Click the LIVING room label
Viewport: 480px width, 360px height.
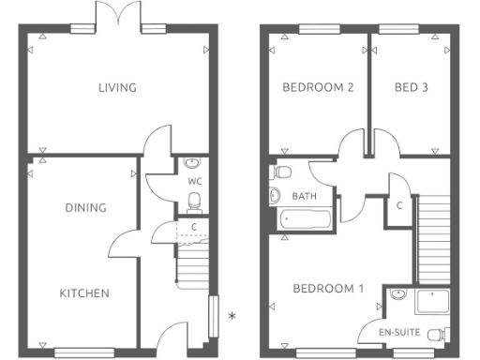[118, 88]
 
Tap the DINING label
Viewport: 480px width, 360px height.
[85, 208]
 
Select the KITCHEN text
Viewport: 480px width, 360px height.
[84, 293]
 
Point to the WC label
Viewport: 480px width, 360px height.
[195, 180]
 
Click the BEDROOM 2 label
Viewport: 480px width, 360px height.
[318, 88]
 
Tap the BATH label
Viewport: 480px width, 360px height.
[304, 197]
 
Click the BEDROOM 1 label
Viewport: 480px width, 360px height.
[327, 289]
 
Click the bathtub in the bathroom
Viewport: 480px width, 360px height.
[305, 221]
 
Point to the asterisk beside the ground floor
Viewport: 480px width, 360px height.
[232, 317]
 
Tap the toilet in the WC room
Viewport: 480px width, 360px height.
[194, 200]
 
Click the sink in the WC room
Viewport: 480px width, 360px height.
[193, 161]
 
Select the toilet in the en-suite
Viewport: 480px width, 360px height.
[437, 332]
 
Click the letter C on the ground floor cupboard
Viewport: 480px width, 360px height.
[193, 227]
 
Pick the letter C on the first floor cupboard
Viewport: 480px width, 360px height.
[399, 205]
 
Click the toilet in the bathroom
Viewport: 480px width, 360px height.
[281, 172]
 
